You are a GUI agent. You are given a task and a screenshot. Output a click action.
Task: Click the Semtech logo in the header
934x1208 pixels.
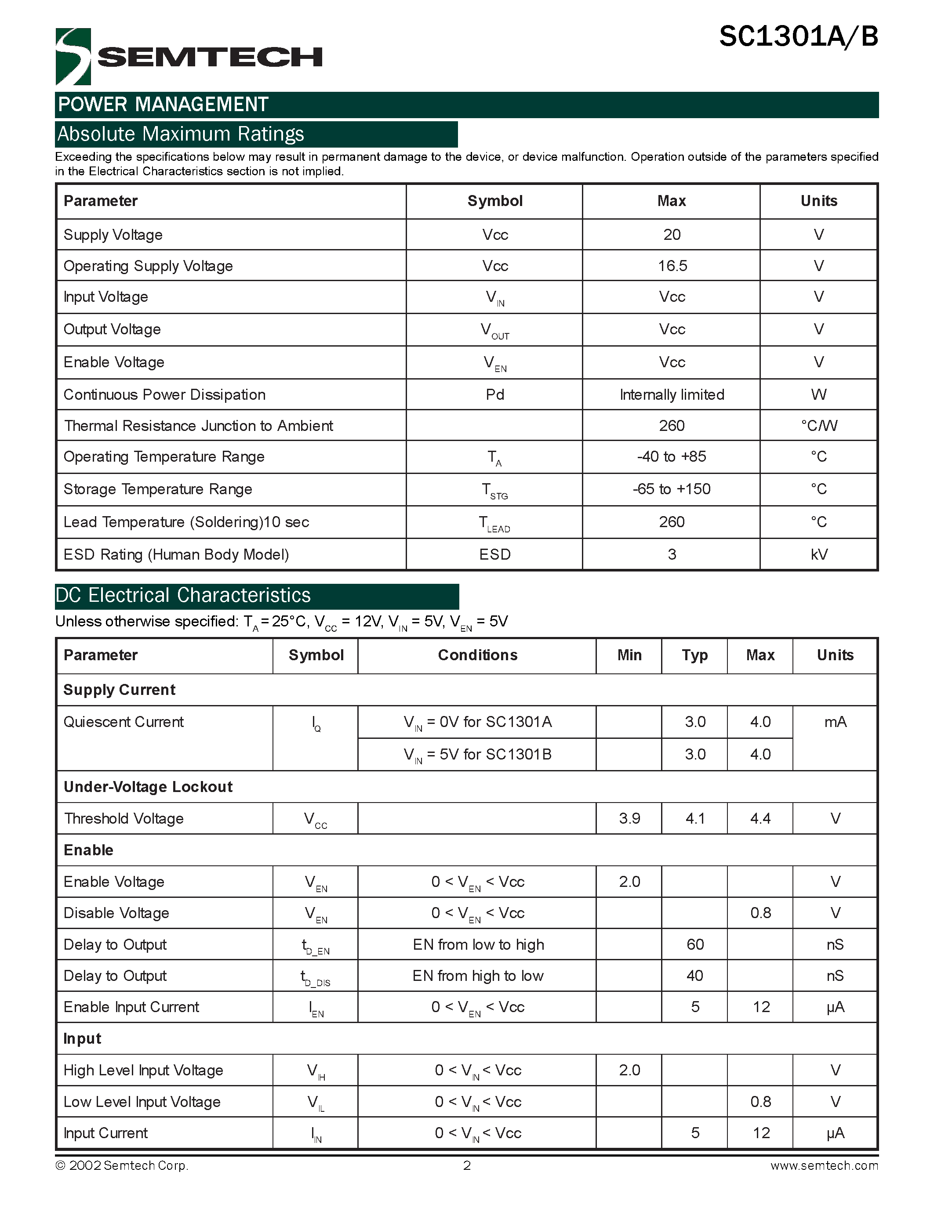188,56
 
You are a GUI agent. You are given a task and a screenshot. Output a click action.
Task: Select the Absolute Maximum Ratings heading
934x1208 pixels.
181,134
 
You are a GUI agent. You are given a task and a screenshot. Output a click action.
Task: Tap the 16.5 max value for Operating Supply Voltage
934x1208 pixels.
672,266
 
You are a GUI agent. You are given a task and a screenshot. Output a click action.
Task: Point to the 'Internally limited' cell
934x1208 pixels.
672,395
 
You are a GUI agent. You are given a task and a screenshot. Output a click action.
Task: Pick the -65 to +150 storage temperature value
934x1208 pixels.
672,489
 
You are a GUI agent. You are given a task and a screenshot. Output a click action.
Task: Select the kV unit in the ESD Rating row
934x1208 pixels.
818,555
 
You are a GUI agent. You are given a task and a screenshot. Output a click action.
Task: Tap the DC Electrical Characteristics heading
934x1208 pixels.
183,596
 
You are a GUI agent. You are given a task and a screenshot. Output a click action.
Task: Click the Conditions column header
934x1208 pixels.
477,655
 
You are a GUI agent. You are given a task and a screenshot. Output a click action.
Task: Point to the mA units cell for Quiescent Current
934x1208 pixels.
835,722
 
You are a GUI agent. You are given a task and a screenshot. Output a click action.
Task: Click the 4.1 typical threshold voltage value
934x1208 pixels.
695,819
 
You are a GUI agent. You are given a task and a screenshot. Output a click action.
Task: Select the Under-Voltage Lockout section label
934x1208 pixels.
148,787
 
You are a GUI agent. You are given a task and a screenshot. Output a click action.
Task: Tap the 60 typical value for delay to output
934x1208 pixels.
695,945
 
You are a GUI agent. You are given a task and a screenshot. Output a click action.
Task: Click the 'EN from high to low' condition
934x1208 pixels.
477,976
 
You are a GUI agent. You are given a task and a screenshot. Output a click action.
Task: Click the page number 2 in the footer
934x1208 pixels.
467,1166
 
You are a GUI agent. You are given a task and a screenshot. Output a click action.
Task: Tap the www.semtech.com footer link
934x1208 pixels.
824,1166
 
